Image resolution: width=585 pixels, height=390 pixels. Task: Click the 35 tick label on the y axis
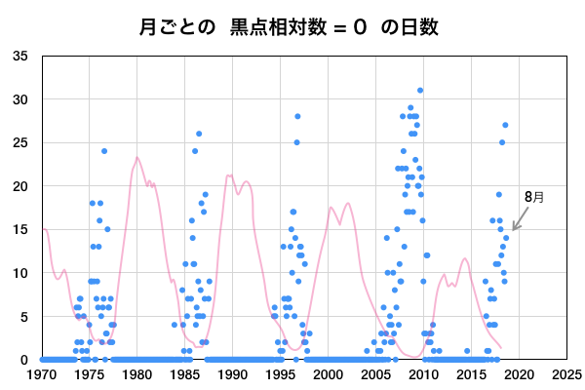pyautogui.click(x=20, y=56)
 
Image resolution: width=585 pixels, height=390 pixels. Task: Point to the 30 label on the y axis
pyautogui.click(x=20, y=99)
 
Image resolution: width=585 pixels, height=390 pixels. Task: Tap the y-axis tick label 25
pyautogui.click(x=20, y=142)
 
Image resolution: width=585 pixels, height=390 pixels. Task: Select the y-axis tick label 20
pyautogui.click(x=20, y=186)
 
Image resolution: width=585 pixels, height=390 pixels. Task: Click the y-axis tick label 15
pyautogui.click(x=20, y=229)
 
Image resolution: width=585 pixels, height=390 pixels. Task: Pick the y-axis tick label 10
pyautogui.click(x=20, y=273)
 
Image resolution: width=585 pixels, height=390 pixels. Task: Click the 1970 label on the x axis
pyautogui.click(x=42, y=373)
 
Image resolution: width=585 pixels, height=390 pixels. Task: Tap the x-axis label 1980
pyautogui.click(x=137, y=373)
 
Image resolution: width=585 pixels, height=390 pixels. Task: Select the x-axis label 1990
pyautogui.click(x=233, y=373)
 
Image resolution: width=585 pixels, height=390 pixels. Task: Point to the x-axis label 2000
pyautogui.click(x=328, y=373)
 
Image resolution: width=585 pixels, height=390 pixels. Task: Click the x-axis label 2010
pyautogui.click(x=423, y=373)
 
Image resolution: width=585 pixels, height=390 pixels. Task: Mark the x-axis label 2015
pyautogui.click(x=471, y=373)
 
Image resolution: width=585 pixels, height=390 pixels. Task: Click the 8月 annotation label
pyautogui.click(x=533, y=196)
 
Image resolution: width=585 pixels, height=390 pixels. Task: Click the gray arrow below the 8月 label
pyautogui.click(x=520, y=222)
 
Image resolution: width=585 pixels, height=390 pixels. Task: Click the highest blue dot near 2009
pyautogui.click(x=420, y=91)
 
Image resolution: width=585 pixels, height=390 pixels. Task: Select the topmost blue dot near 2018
pyautogui.click(x=505, y=125)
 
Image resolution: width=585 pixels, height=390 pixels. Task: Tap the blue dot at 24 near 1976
pyautogui.click(x=104, y=151)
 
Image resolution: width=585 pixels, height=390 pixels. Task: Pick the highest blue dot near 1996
pyautogui.click(x=297, y=116)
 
